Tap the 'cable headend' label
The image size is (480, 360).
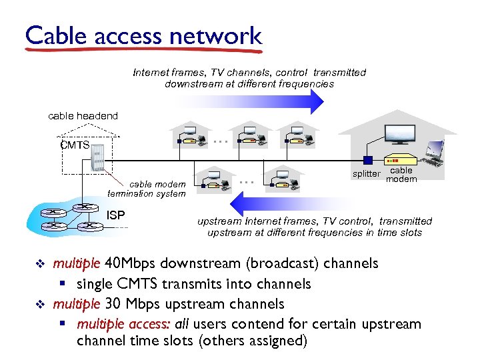tap(83, 116)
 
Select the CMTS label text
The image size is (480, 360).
tap(74, 145)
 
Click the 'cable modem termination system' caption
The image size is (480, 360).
tap(146, 189)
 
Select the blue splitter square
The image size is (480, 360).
tap(367, 160)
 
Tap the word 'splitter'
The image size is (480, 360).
tap(366, 175)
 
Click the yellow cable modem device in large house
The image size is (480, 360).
tap(397, 161)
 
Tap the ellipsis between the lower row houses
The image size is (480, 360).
tap(247, 181)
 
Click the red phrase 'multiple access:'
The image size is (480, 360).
tap(124, 324)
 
